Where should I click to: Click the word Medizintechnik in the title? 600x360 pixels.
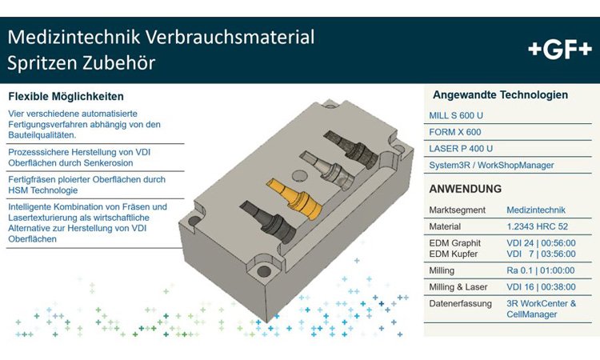[74, 37]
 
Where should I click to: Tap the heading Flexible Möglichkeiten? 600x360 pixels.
[66, 97]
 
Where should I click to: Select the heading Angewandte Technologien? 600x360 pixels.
[500, 95]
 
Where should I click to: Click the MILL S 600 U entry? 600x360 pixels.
[456, 115]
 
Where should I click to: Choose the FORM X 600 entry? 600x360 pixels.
[455, 132]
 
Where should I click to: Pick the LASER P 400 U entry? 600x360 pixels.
[461, 149]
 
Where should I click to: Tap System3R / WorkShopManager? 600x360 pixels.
[491, 166]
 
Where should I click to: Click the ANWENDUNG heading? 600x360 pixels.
[466, 189]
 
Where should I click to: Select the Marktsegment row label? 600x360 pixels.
[457, 210]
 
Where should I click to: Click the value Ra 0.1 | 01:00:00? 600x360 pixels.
[540, 270]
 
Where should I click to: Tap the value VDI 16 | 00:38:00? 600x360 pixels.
[541, 287]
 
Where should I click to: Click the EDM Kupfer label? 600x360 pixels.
[453, 254]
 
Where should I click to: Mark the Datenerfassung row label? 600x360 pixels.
[460, 304]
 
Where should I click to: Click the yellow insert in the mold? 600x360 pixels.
[295, 198]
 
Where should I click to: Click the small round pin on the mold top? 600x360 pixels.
[299, 176]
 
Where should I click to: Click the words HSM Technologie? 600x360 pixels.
[43, 190]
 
